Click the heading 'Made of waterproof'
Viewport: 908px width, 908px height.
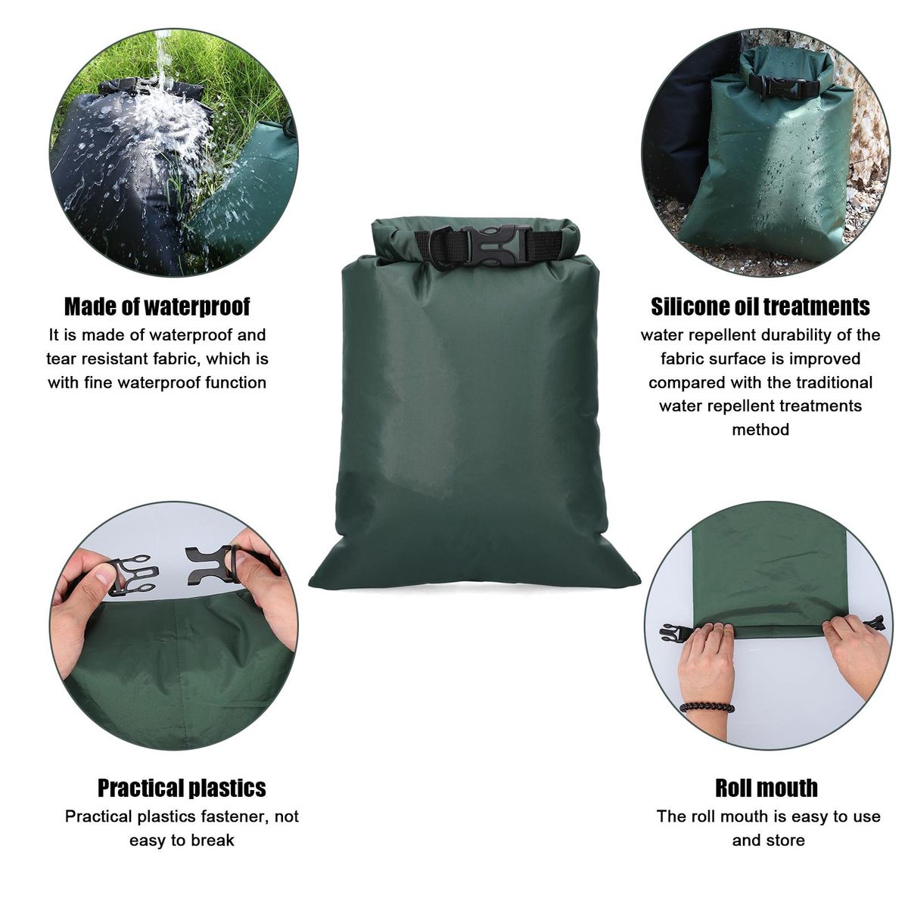pyautogui.click(x=157, y=306)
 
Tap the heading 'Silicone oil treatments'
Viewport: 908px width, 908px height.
pyautogui.click(x=760, y=306)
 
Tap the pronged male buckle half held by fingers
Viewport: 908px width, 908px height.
pyautogui.click(x=133, y=575)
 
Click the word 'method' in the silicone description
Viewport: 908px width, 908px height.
pyautogui.click(x=760, y=429)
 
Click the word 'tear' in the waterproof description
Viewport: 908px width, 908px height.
pyautogui.click(x=59, y=359)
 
